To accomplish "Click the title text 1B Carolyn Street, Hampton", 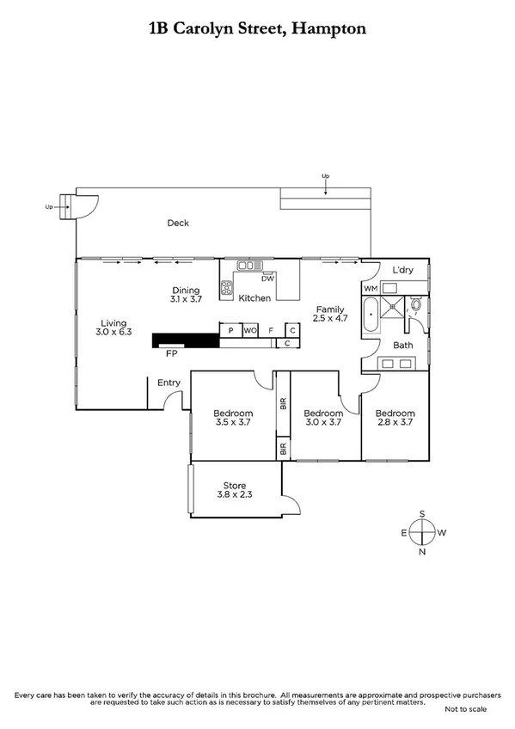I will tap(257, 28).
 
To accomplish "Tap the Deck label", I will tap(178, 224).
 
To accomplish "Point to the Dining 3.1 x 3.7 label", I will tap(186, 295).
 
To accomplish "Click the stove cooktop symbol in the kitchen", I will tap(228, 289).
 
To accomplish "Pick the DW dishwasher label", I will tap(267, 279).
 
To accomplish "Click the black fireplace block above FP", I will tap(186, 340).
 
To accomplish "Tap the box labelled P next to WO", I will tap(230, 330).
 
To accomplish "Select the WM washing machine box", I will tap(371, 289).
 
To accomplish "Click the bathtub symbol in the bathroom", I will tap(371, 315).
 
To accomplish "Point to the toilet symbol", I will tap(415, 304).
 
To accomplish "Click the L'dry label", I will tap(402, 270).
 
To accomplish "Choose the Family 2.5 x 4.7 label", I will tap(330, 314).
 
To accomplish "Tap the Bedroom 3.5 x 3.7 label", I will tap(233, 418).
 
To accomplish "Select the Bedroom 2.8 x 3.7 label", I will tap(395, 418).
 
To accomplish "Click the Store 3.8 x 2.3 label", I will tap(234, 491).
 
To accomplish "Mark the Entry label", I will tap(169, 383).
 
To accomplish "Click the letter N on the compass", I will tap(421, 552).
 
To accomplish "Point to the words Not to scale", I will tap(465, 708).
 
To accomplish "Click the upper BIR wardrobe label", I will tap(283, 402).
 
